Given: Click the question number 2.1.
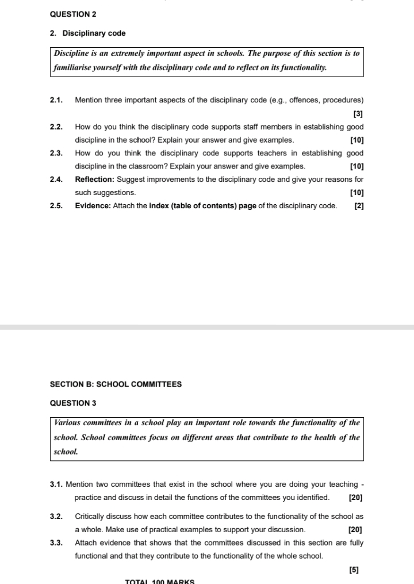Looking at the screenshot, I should (56, 100).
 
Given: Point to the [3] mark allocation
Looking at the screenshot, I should (358, 114).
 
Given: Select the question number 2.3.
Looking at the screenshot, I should (56, 153).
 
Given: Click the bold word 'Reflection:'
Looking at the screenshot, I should (95, 180).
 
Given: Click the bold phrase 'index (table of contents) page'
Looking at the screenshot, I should (202, 206).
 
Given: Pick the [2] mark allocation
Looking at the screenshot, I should (359, 206).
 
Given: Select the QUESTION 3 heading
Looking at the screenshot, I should (74, 403).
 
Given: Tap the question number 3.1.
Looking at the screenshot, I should (56, 484).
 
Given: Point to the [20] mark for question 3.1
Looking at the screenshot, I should (355, 497).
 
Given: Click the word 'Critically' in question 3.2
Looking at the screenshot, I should (90, 516).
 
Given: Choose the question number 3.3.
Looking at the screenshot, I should (56, 543).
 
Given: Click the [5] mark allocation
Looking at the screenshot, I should (354, 570).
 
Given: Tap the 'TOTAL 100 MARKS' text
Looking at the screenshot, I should (160, 581).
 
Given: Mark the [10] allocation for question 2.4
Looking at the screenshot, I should (356, 193).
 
